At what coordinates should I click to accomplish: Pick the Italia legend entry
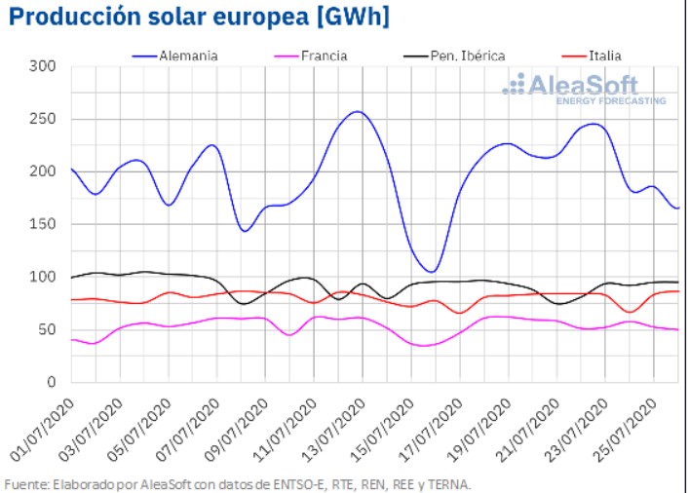[x=604, y=56]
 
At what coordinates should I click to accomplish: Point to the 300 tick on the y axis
[x=43, y=66]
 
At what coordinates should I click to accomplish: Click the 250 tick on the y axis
[x=43, y=119]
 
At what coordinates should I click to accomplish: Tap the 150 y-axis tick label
[x=43, y=224]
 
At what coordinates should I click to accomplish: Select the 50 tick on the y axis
[x=47, y=329]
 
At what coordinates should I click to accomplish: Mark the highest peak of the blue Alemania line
[x=358, y=111]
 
